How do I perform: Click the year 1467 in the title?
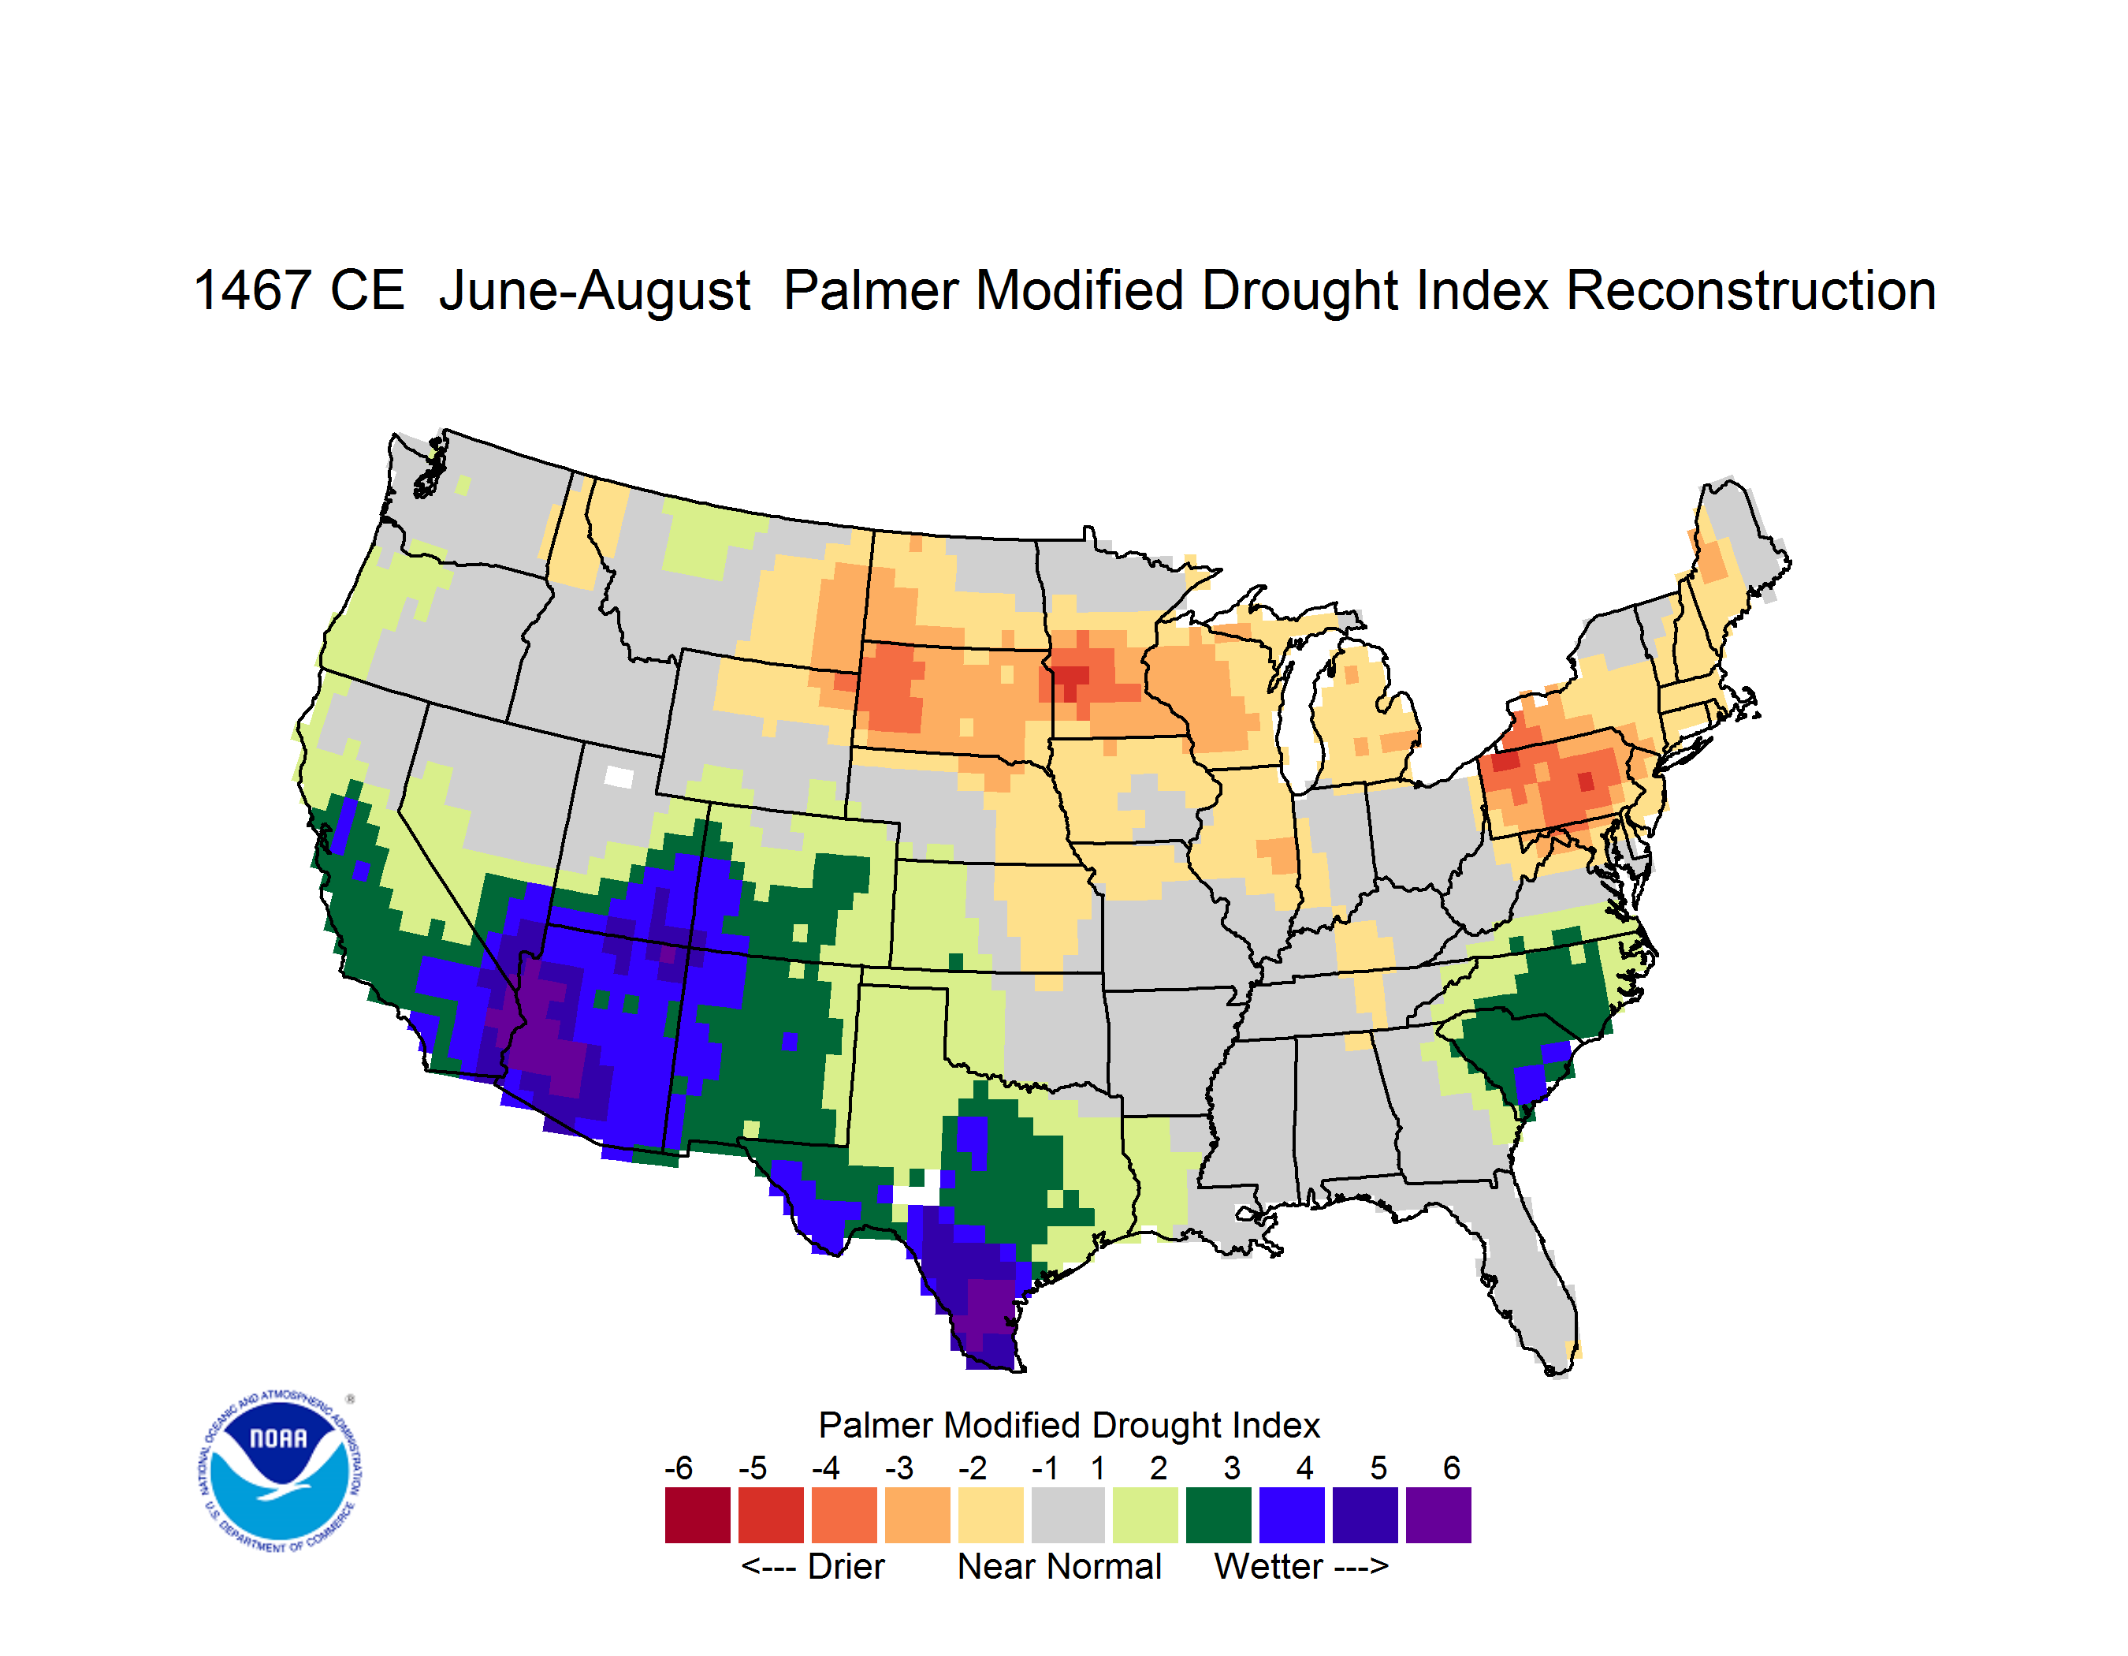(x=251, y=290)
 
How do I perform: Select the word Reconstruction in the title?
(x=1751, y=290)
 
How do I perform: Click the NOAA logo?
(x=281, y=1471)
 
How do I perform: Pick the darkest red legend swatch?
(x=698, y=1515)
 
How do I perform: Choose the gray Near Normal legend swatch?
(x=1068, y=1515)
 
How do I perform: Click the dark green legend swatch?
(x=1218, y=1515)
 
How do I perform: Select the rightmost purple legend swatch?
(x=1438, y=1515)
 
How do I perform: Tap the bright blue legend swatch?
(x=1292, y=1515)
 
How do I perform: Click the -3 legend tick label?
(x=898, y=1468)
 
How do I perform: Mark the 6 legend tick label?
(x=1452, y=1468)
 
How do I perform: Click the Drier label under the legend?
(x=846, y=1566)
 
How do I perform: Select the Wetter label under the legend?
(x=1269, y=1566)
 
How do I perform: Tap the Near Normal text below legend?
(x=1059, y=1566)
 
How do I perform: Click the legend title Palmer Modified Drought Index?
(x=1069, y=1425)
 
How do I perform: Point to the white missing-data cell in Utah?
(x=619, y=777)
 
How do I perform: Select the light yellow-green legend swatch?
(x=1145, y=1515)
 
